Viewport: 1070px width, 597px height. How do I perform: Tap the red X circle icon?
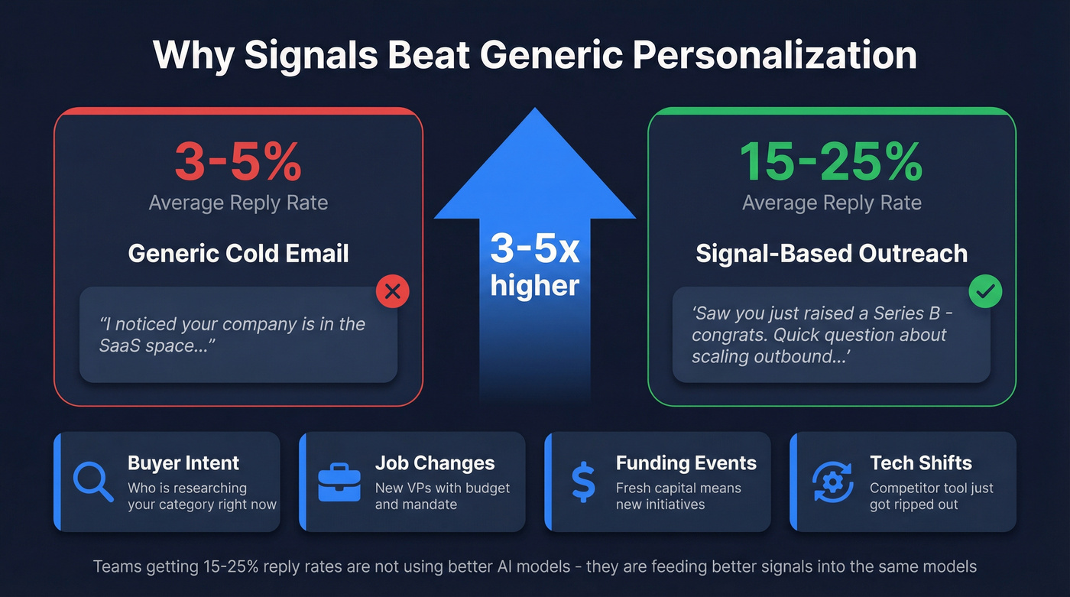pyautogui.click(x=392, y=291)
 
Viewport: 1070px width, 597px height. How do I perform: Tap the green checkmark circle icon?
pyautogui.click(x=985, y=290)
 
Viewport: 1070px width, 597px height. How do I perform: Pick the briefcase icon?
pyautogui.click(x=339, y=482)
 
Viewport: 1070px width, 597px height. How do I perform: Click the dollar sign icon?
pyautogui.click(x=583, y=482)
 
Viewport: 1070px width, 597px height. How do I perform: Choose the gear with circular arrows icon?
pyautogui.click(x=833, y=482)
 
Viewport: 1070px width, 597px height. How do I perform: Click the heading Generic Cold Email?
pyautogui.click(x=238, y=253)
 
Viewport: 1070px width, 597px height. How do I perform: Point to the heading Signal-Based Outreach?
pyautogui.click(x=832, y=253)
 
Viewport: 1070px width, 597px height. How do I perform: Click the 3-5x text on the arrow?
pyautogui.click(x=535, y=249)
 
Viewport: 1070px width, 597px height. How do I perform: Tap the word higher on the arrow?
pyautogui.click(x=535, y=285)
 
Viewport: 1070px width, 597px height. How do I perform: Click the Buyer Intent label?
pyautogui.click(x=183, y=463)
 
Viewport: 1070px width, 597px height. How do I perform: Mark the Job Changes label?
pyautogui.click(x=434, y=463)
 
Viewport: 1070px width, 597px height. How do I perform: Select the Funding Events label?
pyautogui.click(x=686, y=463)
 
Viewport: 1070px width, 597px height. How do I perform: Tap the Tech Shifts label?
pyautogui.click(x=920, y=463)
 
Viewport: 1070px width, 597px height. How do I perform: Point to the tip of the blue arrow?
pyautogui.click(x=535, y=111)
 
